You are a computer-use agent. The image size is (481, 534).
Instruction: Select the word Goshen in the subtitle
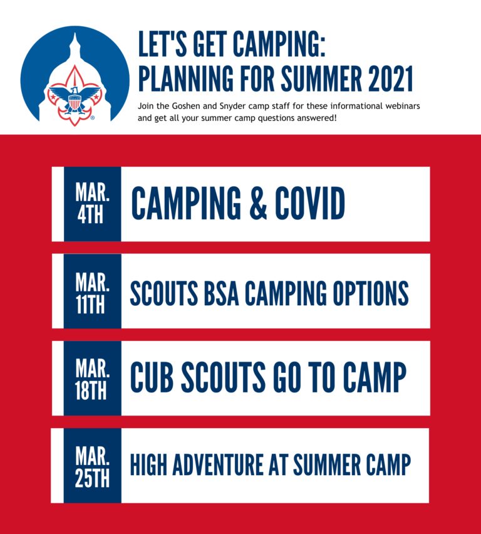(x=186, y=106)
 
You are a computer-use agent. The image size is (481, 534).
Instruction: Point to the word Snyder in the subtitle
(x=232, y=107)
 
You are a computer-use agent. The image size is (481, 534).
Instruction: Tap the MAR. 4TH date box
(x=92, y=204)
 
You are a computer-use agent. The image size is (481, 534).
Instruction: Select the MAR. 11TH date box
(x=92, y=291)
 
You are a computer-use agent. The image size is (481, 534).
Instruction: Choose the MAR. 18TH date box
(x=92, y=378)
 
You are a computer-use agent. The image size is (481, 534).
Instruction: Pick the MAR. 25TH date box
(x=92, y=466)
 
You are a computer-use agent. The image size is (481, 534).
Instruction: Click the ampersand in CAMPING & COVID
(x=258, y=203)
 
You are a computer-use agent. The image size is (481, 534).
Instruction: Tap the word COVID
(x=310, y=203)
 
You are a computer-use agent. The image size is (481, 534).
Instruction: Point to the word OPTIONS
(x=371, y=293)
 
